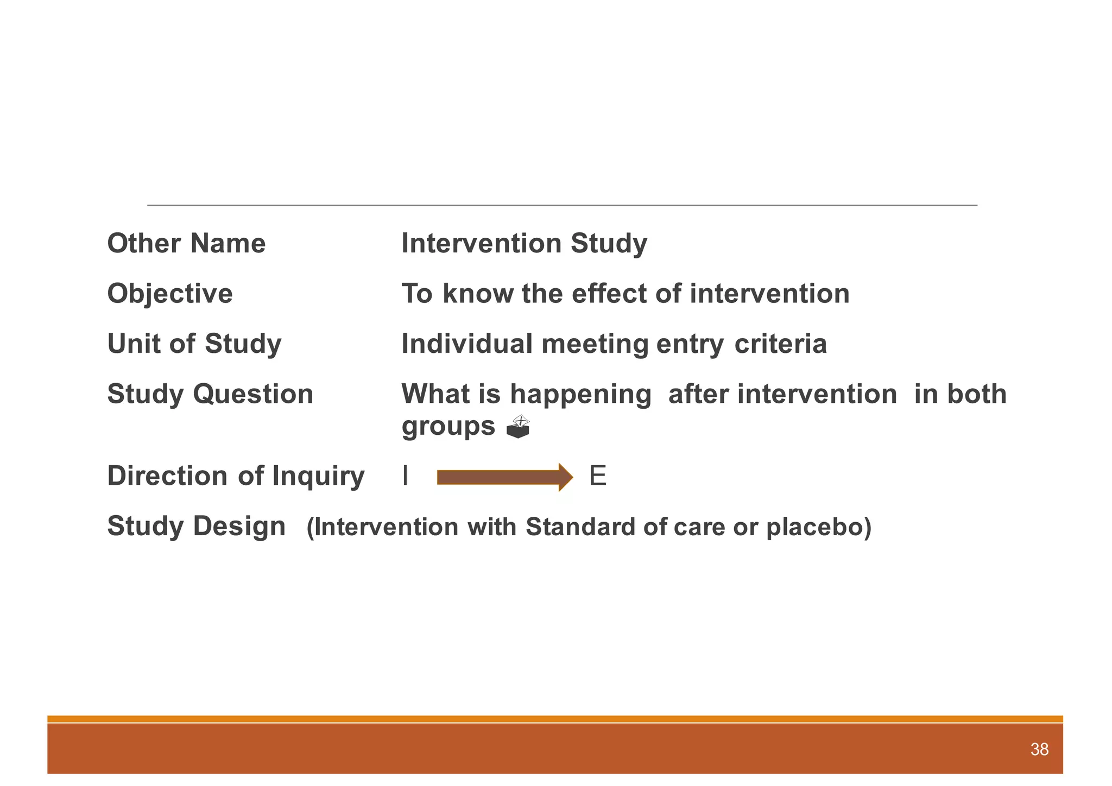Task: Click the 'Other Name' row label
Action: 186,243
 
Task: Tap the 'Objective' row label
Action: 170,294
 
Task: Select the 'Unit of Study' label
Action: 194,344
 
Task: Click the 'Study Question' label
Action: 210,394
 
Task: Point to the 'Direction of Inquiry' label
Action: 236,476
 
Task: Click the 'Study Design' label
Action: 196,526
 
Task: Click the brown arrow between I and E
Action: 504,477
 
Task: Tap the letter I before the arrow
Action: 405,477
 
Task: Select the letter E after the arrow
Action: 597,477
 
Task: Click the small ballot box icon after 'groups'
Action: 517,427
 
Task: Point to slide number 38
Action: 1039,750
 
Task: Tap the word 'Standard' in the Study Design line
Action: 580,527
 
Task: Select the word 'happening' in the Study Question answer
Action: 580,395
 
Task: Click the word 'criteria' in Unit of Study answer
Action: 780,344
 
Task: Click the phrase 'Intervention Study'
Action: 524,243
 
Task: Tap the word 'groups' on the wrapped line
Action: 448,427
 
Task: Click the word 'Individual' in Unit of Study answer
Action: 467,344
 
